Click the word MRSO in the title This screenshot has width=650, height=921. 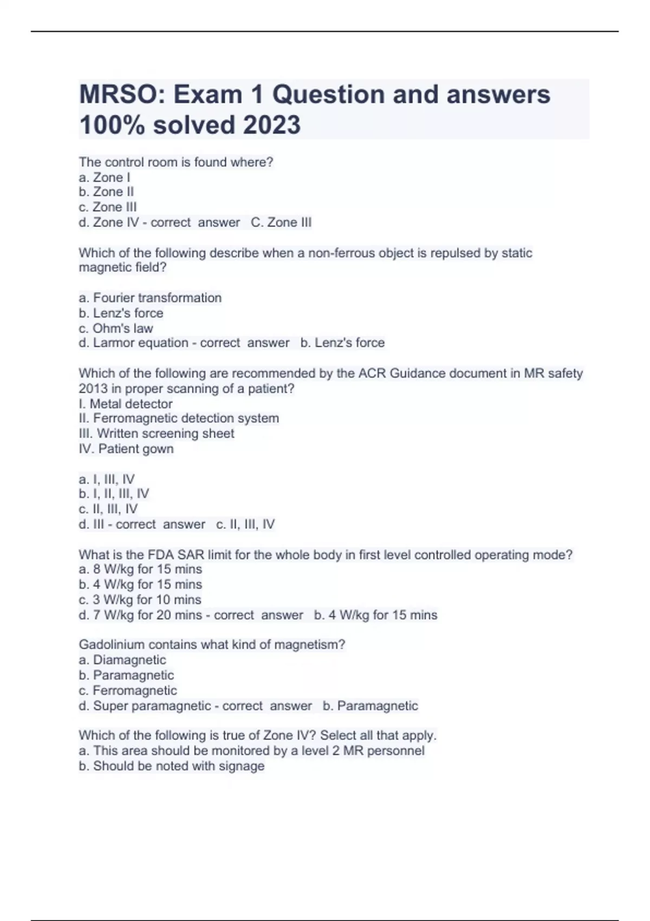pyautogui.click(x=122, y=95)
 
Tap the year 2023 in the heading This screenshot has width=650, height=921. pyautogui.click(x=271, y=125)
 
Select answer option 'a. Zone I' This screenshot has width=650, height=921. pyautogui.click(x=105, y=177)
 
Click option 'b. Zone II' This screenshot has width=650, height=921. pyautogui.click(x=106, y=192)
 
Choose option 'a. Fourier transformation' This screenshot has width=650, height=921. pyautogui.click(x=150, y=297)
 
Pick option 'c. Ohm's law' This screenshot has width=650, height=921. pyautogui.click(x=116, y=328)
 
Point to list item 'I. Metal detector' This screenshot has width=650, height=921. pyautogui.click(x=126, y=404)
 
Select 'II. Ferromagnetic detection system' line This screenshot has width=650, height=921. pyautogui.click(x=179, y=418)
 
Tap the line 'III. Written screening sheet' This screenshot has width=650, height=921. pyautogui.click(x=157, y=433)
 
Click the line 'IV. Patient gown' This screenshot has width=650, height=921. pyautogui.click(x=126, y=449)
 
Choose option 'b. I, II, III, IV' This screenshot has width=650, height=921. pyautogui.click(x=114, y=494)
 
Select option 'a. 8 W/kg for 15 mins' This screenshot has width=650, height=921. pyautogui.click(x=140, y=569)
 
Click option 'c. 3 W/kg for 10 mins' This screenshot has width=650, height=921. pyautogui.click(x=140, y=600)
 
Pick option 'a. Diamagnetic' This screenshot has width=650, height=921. pyautogui.click(x=122, y=660)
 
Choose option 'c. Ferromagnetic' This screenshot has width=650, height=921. pyautogui.click(x=128, y=690)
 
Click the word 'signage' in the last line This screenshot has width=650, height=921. pyautogui.click(x=242, y=766)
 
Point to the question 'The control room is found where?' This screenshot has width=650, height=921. pyautogui.click(x=176, y=162)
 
